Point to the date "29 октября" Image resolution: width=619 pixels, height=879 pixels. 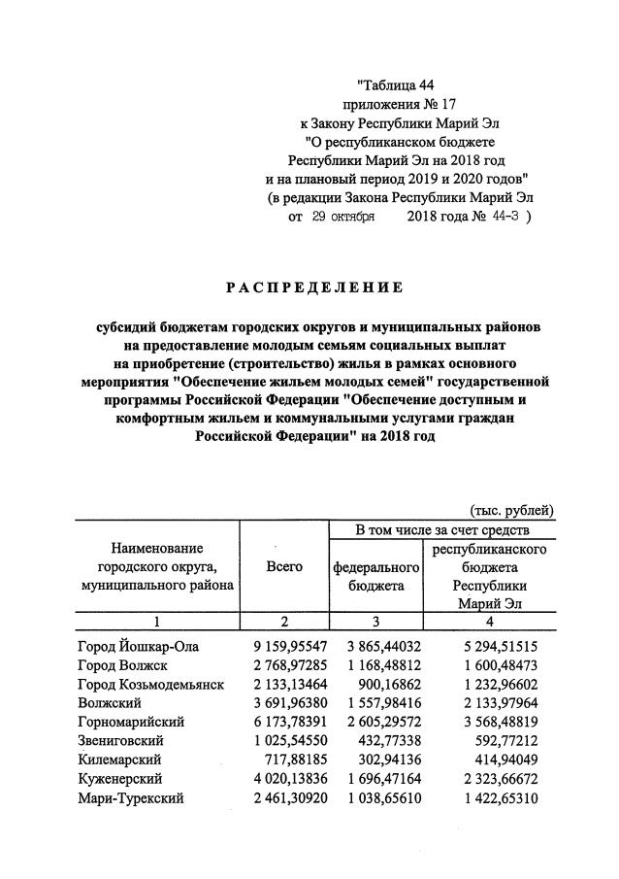[x=343, y=219]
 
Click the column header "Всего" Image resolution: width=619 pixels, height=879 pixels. [x=284, y=566]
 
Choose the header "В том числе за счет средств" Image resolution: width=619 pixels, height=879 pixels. [x=442, y=529]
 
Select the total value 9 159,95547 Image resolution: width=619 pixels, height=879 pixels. [x=284, y=645]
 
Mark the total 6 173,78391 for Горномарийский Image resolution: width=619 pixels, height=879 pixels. [x=284, y=722]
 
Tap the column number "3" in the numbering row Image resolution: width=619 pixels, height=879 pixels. [x=374, y=622]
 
